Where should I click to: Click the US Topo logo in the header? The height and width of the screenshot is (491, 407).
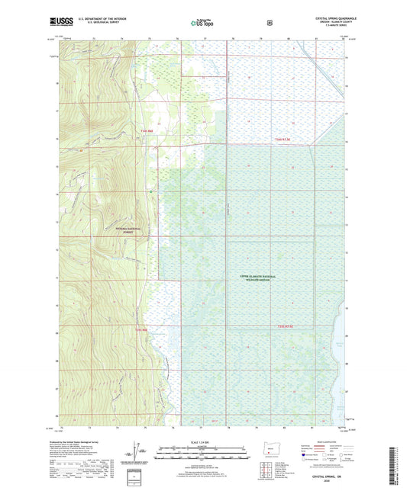(x=202, y=23)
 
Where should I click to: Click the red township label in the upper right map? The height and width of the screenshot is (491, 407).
(x=283, y=140)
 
